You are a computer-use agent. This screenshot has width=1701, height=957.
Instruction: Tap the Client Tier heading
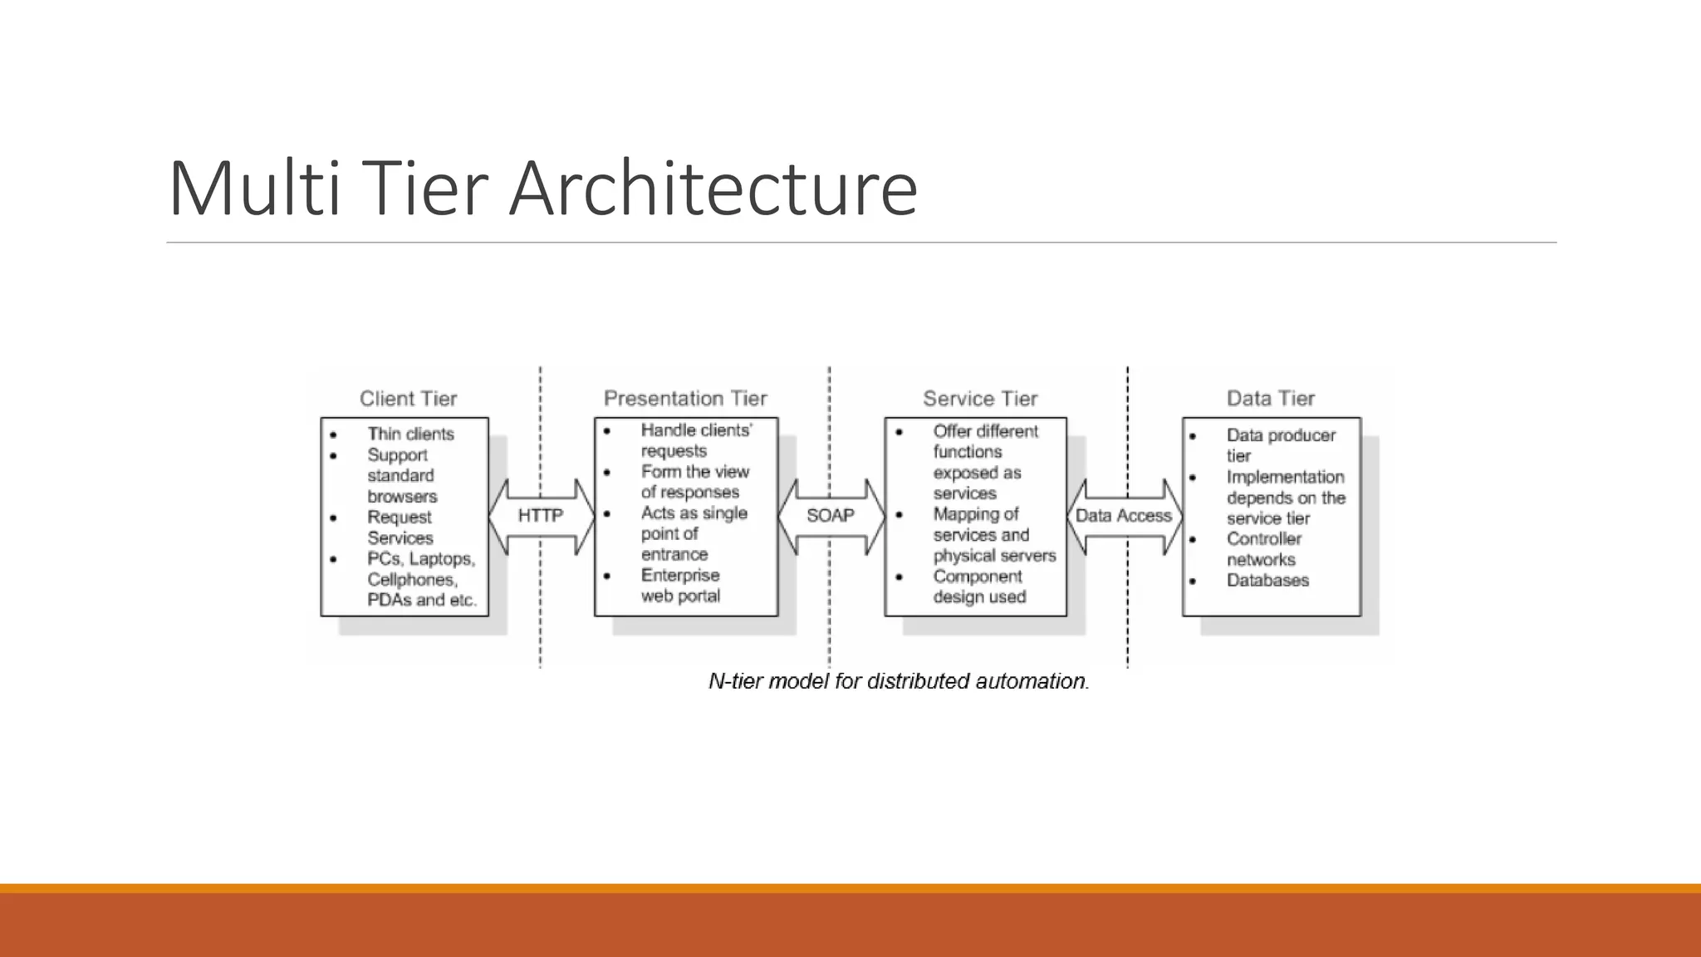click(408, 399)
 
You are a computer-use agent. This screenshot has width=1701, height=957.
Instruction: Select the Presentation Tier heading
click(685, 399)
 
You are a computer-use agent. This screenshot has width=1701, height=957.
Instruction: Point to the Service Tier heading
click(980, 399)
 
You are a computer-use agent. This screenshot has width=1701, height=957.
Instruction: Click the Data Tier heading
click(1270, 399)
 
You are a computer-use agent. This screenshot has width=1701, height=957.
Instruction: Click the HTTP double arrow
click(541, 516)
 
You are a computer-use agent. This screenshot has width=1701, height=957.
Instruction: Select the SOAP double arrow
click(831, 516)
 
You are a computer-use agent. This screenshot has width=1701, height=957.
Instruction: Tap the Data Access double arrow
click(1123, 516)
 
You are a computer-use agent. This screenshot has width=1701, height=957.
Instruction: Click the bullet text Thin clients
click(410, 434)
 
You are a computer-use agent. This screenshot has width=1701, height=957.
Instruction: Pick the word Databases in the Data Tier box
click(1267, 581)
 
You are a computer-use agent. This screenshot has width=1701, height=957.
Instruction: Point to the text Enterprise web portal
click(680, 586)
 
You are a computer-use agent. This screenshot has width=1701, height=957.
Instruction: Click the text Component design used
click(978, 586)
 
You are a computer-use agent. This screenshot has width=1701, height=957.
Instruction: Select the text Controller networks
click(1263, 549)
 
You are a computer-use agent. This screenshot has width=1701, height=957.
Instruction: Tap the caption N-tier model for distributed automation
click(899, 681)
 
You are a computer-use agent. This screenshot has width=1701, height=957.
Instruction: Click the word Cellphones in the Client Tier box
click(412, 580)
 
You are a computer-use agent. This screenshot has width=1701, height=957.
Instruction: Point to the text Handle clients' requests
click(695, 440)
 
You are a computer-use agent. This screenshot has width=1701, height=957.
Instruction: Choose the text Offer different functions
click(984, 441)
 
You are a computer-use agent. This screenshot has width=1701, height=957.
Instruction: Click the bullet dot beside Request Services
click(333, 518)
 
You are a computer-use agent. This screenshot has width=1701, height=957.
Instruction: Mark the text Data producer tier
click(1280, 445)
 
